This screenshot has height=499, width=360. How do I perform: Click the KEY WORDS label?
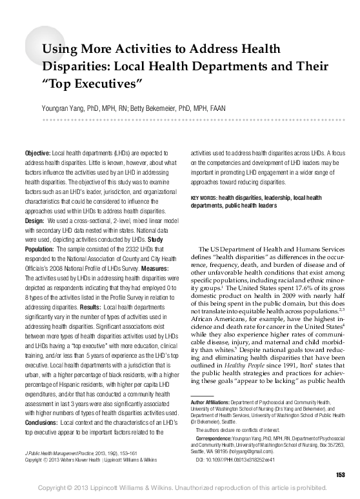(x=204, y=197)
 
